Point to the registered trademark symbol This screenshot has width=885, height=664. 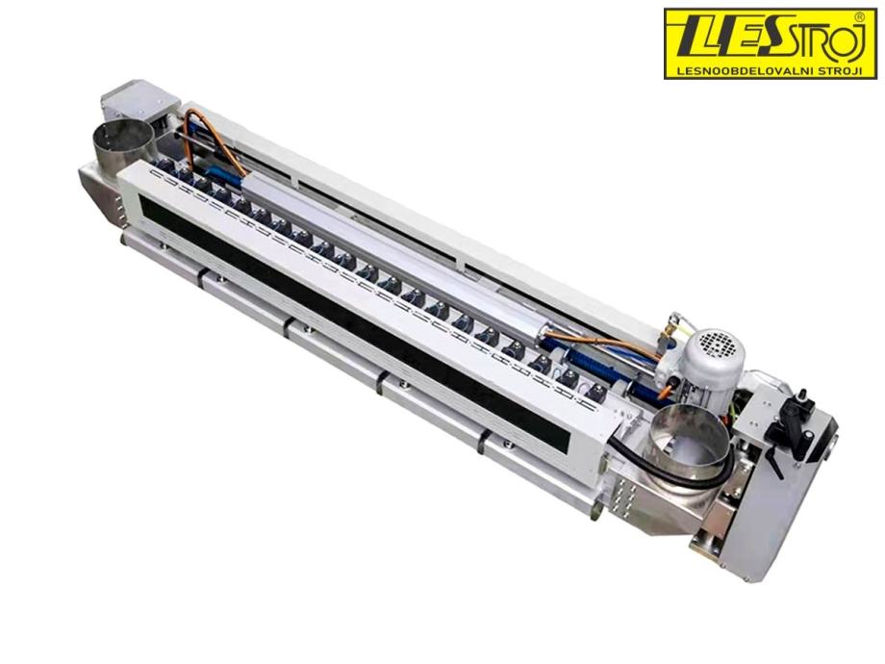(859, 17)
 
